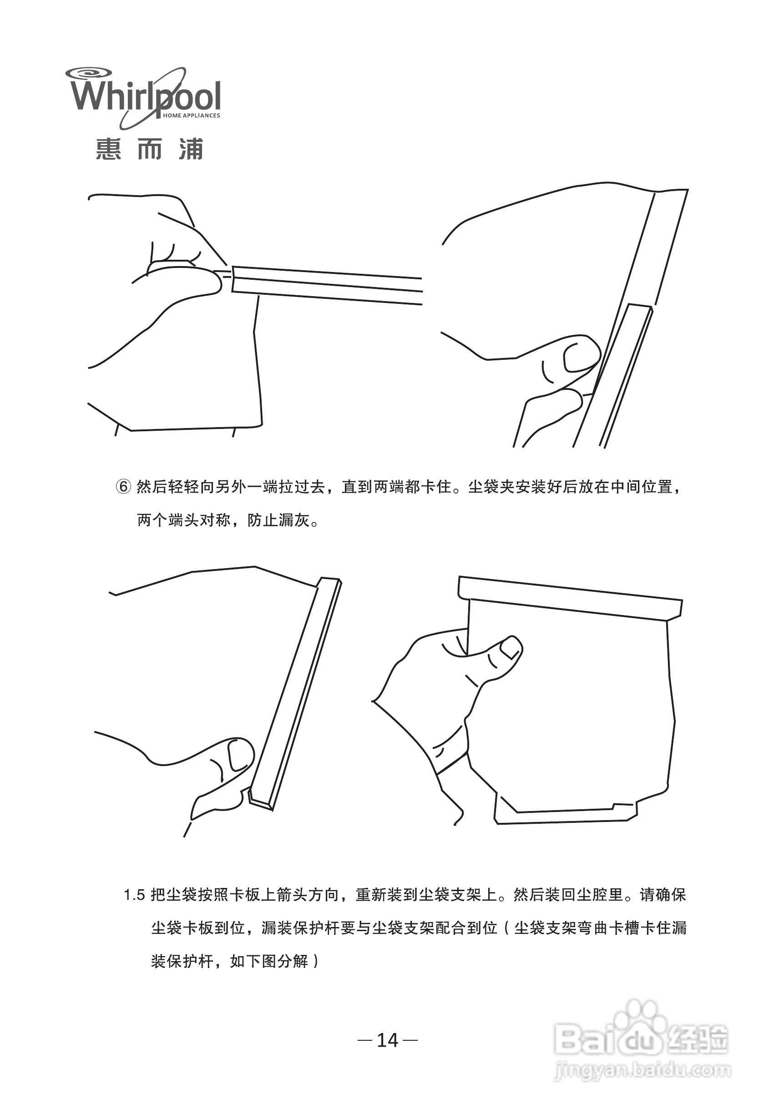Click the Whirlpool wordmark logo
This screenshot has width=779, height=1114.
click(x=146, y=96)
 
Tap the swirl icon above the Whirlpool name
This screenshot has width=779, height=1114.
click(x=89, y=74)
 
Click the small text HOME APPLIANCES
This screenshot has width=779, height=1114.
click(x=191, y=116)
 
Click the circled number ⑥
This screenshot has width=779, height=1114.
click(x=123, y=486)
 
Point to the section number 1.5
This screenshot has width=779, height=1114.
click(x=134, y=895)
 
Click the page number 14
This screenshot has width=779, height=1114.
click(x=387, y=1040)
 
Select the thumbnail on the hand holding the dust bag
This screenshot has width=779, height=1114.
click(x=510, y=647)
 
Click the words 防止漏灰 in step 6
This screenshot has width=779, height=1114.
click(x=278, y=520)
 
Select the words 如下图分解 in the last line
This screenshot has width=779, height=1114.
click(x=269, y=961)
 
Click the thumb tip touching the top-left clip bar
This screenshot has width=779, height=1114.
click(x=213, y=282)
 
